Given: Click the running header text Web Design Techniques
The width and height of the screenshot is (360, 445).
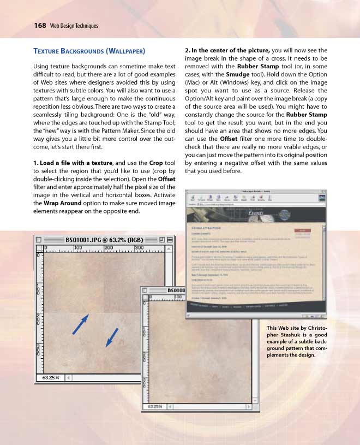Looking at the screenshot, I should click(74, 26).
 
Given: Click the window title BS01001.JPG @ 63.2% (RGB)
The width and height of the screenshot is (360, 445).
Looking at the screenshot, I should click(104, 240).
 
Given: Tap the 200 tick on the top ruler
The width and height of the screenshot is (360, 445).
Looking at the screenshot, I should click(108, 247).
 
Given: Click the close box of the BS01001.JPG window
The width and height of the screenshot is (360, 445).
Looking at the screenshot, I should click(39, 240).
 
